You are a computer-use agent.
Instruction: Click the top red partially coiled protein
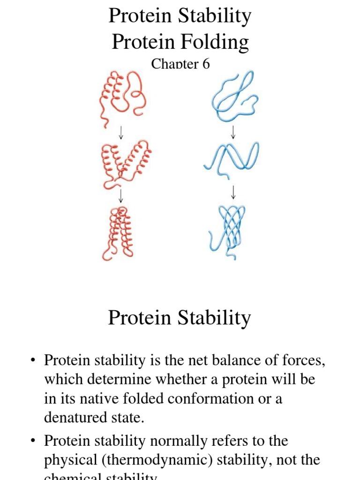click(119, 97)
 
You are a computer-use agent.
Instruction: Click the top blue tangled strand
click(232, 97)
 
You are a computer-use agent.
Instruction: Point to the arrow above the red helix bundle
click(121, 194)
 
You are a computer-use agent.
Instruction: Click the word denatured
click(75, 417)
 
